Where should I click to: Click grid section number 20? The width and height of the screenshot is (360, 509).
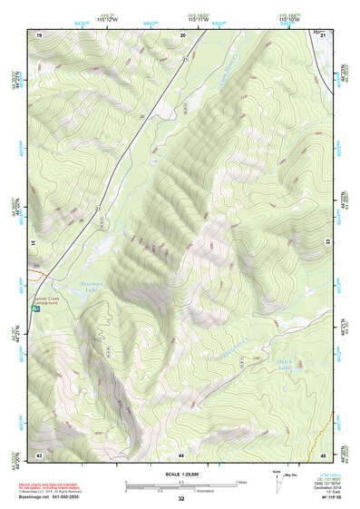tap(182, 34)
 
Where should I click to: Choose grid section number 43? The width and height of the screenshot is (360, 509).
tap(39, 453)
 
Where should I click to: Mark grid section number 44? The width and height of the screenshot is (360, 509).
tap(181, 453)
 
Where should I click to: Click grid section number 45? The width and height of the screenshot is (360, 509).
tap(323, 453)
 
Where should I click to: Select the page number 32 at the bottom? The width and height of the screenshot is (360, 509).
tap(181, 500)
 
